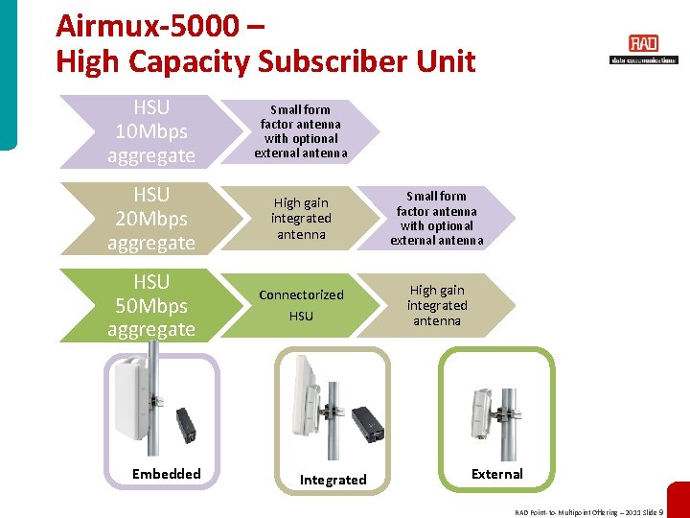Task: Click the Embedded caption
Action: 167,474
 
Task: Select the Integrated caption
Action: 333,480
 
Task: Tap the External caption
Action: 497,474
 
